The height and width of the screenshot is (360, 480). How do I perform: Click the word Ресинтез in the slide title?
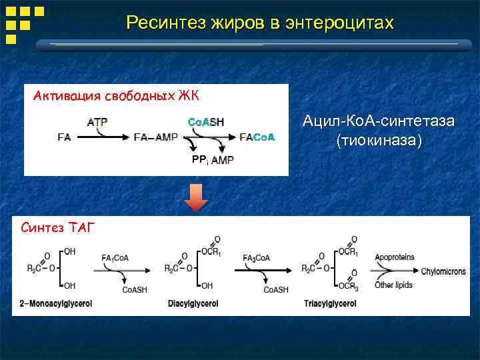point(165,23)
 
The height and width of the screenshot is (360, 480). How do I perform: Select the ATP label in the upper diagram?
point(98,123)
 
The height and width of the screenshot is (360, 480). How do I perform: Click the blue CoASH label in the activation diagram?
point(206,123)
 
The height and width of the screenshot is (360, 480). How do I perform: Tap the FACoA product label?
point(257,137)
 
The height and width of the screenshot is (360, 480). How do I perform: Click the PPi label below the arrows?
point(199,160)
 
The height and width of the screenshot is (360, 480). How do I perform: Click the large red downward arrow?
point(196,197)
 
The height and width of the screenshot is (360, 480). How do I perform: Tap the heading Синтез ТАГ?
point(58,228)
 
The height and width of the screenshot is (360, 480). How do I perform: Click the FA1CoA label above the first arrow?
point(115,256)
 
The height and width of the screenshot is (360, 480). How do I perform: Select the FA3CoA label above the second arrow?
point(257,256)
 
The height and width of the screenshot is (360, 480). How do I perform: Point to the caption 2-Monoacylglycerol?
point(54,303)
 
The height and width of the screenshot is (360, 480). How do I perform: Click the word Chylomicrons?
point(446,271)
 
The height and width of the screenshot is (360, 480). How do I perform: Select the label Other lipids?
point(393,285)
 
